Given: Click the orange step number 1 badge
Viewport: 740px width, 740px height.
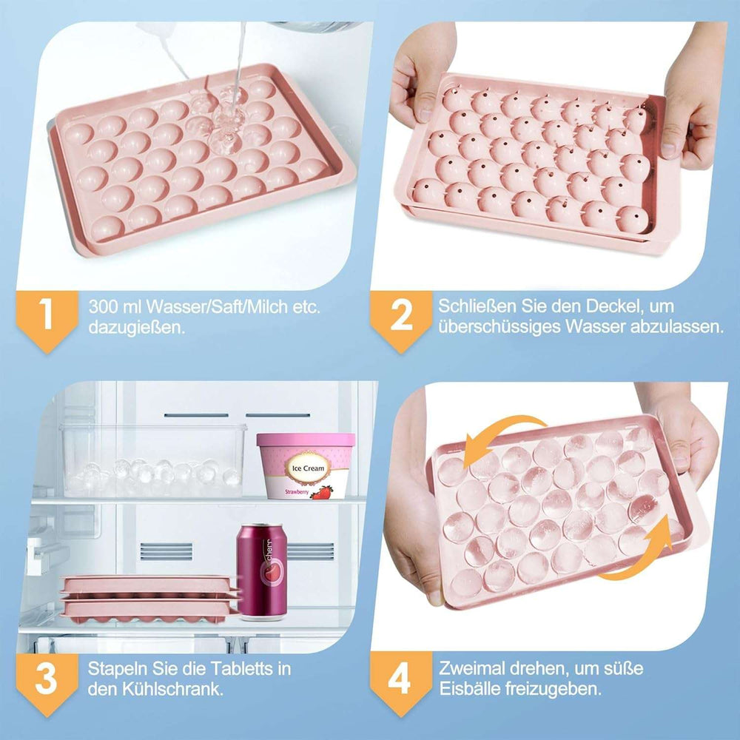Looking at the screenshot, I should pyautogui.click(x=47, y=315).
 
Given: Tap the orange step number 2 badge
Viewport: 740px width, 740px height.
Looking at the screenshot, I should pyautogui.click(x=400, y=315).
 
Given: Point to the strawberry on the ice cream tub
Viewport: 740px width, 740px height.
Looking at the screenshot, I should pyautogui.click(x=322, y=491).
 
